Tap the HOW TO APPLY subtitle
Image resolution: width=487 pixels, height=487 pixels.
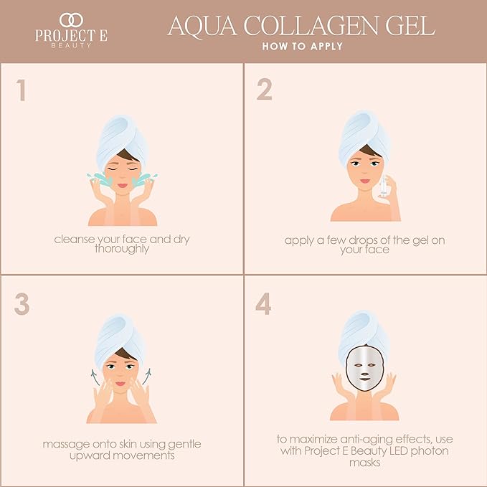(x=302, y=47)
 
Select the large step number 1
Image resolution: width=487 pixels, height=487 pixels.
(x=22, y=90)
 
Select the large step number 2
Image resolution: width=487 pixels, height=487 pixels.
(x=264, y=90)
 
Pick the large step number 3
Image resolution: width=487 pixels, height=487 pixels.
(x=22, y=304)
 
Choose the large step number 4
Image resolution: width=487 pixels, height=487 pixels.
(x=264, y=304)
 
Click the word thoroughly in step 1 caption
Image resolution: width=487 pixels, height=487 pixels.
(x=121, y=250)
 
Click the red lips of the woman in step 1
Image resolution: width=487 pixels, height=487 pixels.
(x=122, y=184)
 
